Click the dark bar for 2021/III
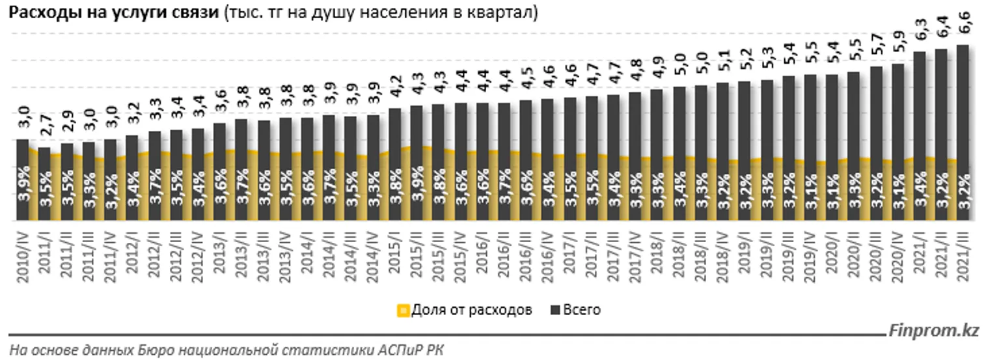click(962, 104)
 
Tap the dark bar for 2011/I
click(44, 151)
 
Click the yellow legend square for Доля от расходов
click(404, 311)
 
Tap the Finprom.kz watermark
click(934, 331)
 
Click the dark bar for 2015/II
click(417, 127)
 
